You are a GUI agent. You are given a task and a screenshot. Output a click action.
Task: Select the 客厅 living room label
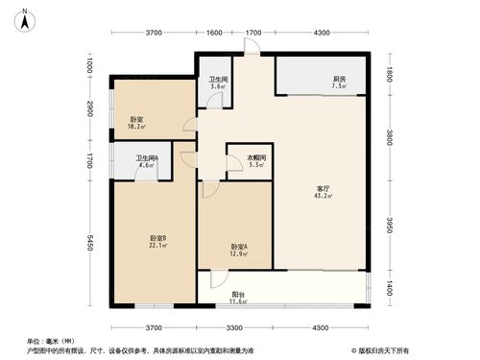[x=323, y=188]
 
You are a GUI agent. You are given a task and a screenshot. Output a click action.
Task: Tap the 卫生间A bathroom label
[x=147, y=158]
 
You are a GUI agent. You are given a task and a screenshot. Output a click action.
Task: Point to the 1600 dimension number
[x=214, y=33]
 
